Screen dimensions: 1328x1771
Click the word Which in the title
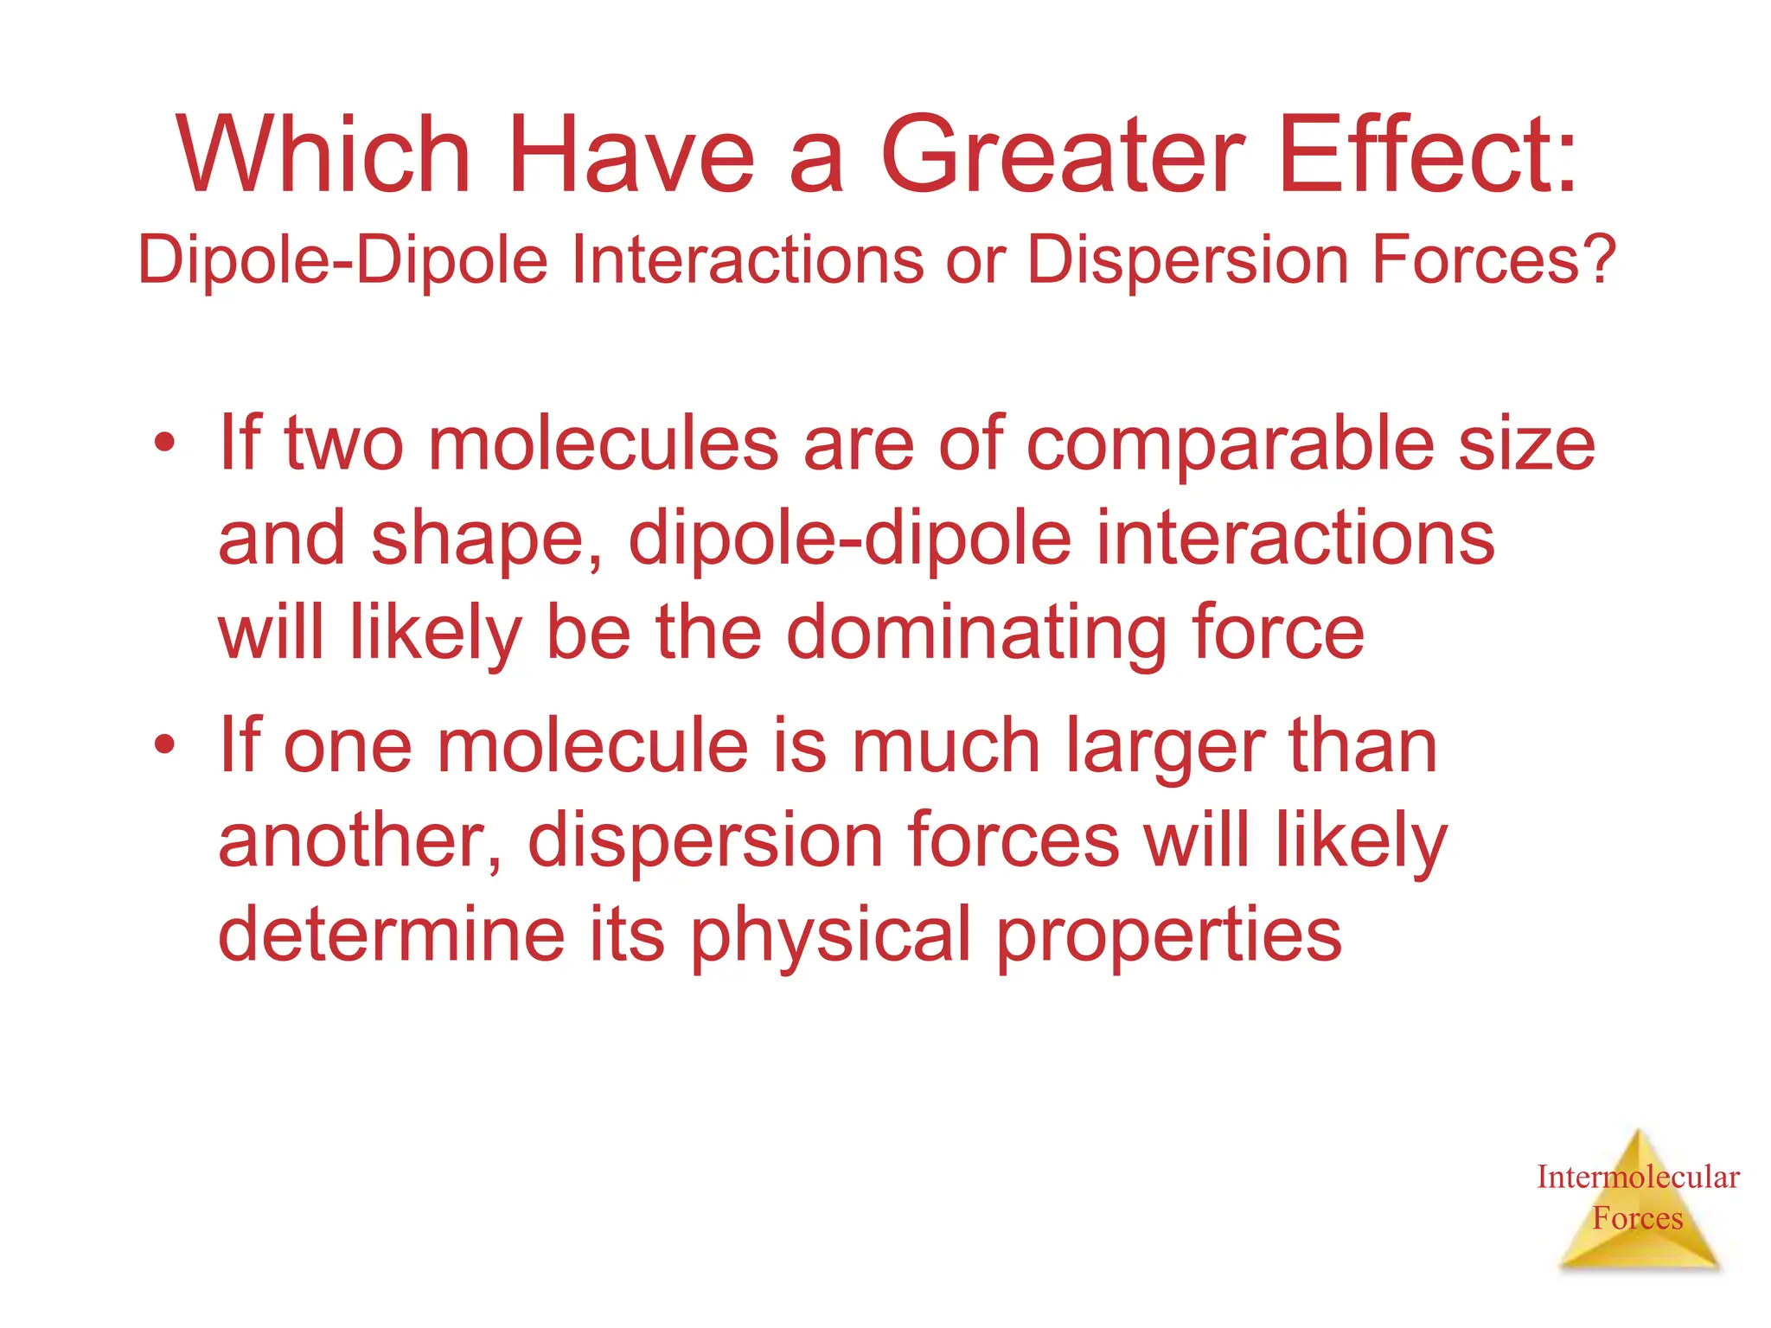[x=323, y=156]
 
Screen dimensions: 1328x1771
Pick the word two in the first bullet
[x=343, y=444]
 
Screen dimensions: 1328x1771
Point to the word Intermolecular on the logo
[x=1638, y=1177]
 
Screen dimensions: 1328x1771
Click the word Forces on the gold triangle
[x=1638, y=1218]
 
